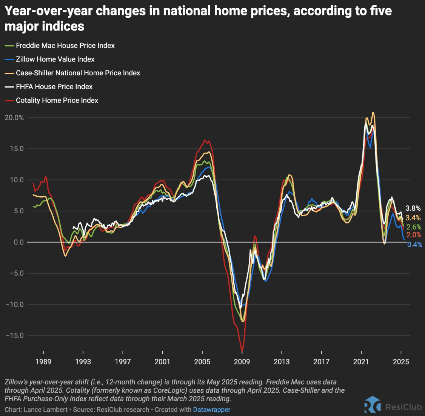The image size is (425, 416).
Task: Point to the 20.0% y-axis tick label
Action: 14,118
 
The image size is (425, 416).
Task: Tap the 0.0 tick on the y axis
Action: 18,242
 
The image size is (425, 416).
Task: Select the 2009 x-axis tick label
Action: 242,362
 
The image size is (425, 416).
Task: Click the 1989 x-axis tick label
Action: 43,362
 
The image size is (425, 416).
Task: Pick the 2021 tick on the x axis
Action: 361,362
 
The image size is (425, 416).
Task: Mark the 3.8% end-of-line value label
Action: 413,208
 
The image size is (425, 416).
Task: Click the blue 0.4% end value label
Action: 414,245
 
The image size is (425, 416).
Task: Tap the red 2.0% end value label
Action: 414,235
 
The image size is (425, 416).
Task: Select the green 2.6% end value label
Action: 414,227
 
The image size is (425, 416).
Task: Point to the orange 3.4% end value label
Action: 413,218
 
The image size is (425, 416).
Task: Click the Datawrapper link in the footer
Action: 211,410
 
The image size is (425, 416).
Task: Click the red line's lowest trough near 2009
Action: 242,350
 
